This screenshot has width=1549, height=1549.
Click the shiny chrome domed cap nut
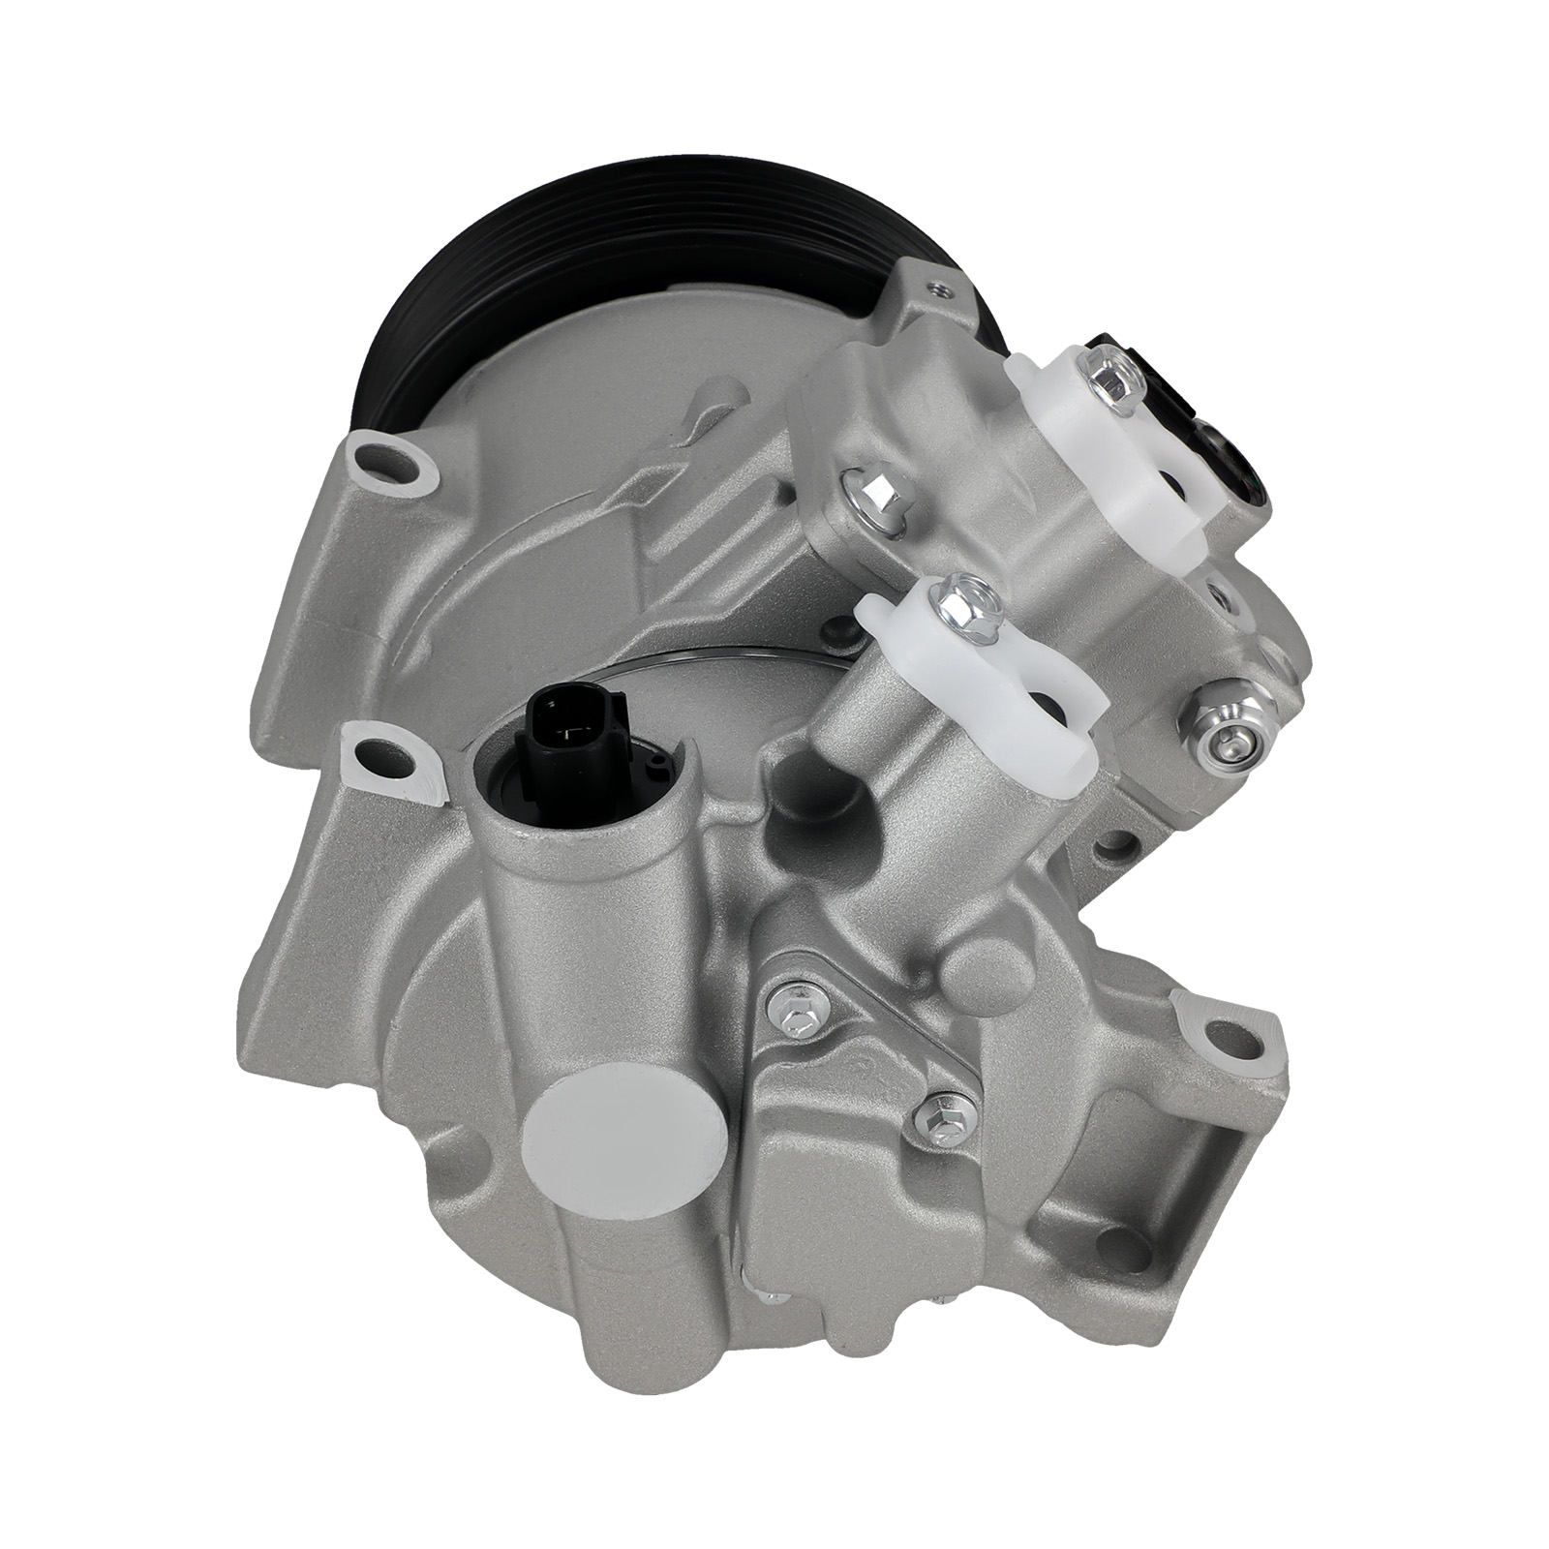coord(1222,711)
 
